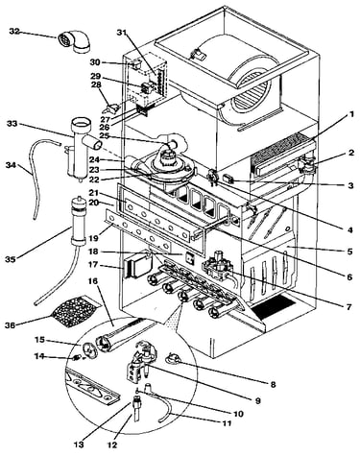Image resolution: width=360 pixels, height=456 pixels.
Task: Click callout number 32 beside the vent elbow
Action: click(14, 32)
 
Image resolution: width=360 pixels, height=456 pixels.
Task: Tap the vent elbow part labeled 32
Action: click(74, 41)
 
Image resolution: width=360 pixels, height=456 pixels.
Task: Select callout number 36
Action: click(10, 325)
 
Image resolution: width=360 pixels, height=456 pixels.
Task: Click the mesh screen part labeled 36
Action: click(74, 309)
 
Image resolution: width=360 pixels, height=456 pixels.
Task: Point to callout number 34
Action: click(11, 165)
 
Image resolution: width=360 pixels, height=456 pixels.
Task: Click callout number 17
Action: click(96, 265)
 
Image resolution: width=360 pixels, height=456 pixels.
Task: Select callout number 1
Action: click(351, 114)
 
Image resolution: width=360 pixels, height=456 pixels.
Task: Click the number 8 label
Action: click(273, 384)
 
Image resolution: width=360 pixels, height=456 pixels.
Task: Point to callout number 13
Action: click(79, 444)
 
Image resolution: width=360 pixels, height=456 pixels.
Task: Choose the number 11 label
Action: click(227, 423)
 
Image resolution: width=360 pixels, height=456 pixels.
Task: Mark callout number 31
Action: click(121, 32)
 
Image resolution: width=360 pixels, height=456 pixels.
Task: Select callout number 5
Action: click(350, 252)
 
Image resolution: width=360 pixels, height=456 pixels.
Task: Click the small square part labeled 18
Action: click(189, 257)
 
